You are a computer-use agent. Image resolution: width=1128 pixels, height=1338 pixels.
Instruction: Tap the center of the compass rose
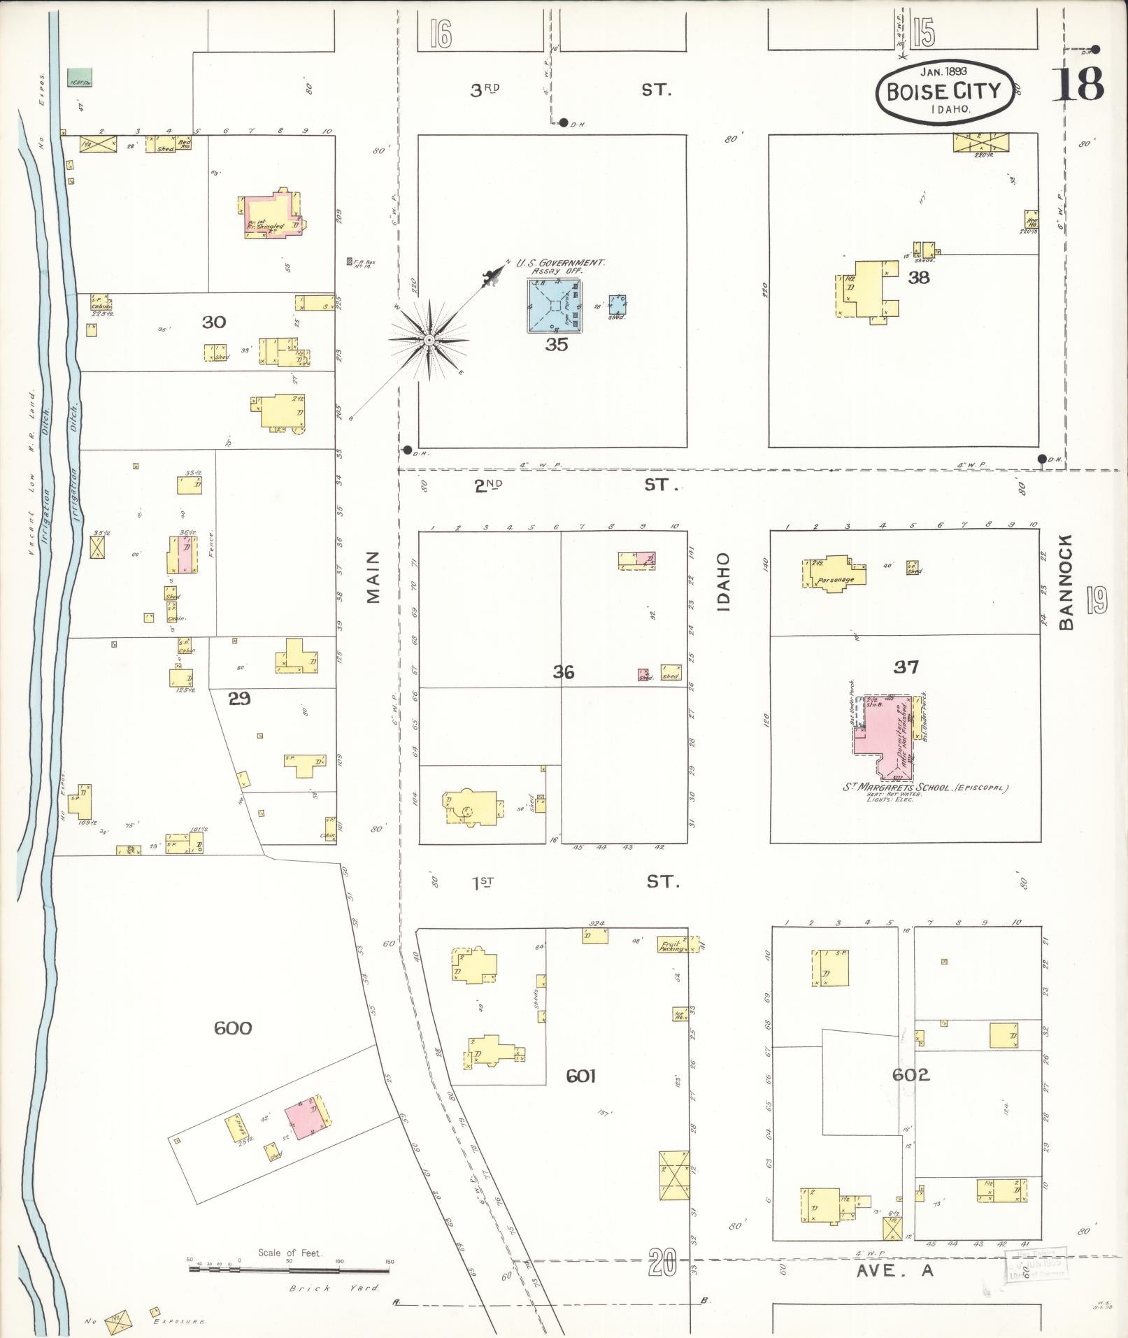click(x=429, y=341)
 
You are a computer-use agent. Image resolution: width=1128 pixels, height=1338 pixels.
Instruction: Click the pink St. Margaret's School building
click(x=883, y=737)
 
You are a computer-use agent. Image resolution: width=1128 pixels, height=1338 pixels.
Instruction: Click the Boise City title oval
click(x=944, y=91)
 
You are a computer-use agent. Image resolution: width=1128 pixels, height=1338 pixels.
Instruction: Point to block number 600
click(x=232, y=1028)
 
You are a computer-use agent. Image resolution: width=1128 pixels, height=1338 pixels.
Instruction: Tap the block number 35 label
click(x=557, y=345)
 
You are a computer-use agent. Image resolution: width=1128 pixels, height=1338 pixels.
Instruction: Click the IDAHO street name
click(x=723, y=582)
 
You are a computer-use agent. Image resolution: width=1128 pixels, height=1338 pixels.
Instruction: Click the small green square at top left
click(x=80, y=78)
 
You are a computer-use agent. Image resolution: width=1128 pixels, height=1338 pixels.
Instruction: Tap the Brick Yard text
click(x=334, y=1288)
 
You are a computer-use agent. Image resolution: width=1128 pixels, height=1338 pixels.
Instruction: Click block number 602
click(x=911, y=1074)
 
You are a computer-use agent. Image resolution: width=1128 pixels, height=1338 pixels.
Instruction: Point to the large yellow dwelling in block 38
click(x=864, y=288)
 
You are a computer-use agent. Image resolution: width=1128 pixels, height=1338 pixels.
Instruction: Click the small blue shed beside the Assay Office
click(x=617, y=304)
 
